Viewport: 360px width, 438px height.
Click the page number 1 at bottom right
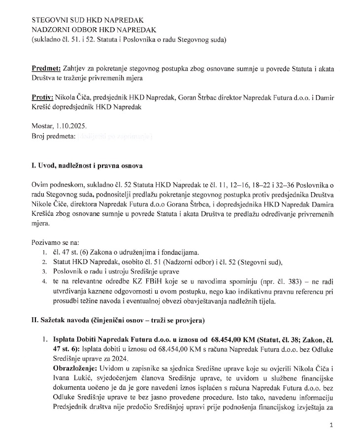[x=331, y=424]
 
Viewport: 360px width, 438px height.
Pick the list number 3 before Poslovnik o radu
[x=43, y=271]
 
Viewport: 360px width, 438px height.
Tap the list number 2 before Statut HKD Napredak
[x=43, y=262]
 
